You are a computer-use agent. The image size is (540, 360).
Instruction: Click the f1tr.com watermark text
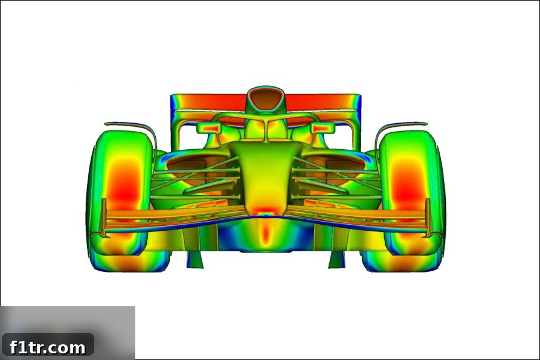pos(48,347)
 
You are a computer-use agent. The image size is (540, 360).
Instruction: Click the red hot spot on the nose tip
pos(265,211)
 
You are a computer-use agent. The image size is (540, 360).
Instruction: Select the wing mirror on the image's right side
pos(323,128)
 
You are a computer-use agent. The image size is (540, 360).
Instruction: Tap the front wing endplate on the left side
pos(103,217)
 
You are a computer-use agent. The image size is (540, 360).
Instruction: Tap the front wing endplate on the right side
pos(428,217)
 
